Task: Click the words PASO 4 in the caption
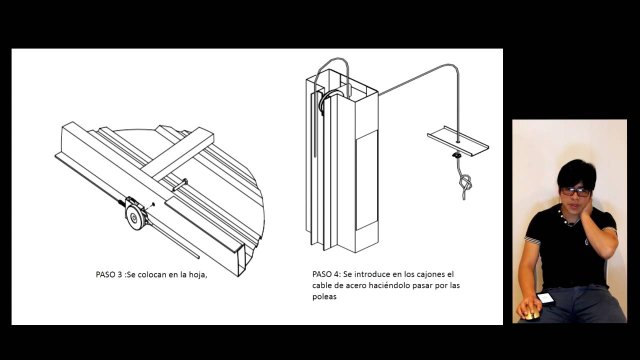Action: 325,274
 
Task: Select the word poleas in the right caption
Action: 324,296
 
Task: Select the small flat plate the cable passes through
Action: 457,140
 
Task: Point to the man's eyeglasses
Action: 575,191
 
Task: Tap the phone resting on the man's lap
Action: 545,298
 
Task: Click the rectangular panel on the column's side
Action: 366,180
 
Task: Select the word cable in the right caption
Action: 322,285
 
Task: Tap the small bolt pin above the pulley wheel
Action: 179,185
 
